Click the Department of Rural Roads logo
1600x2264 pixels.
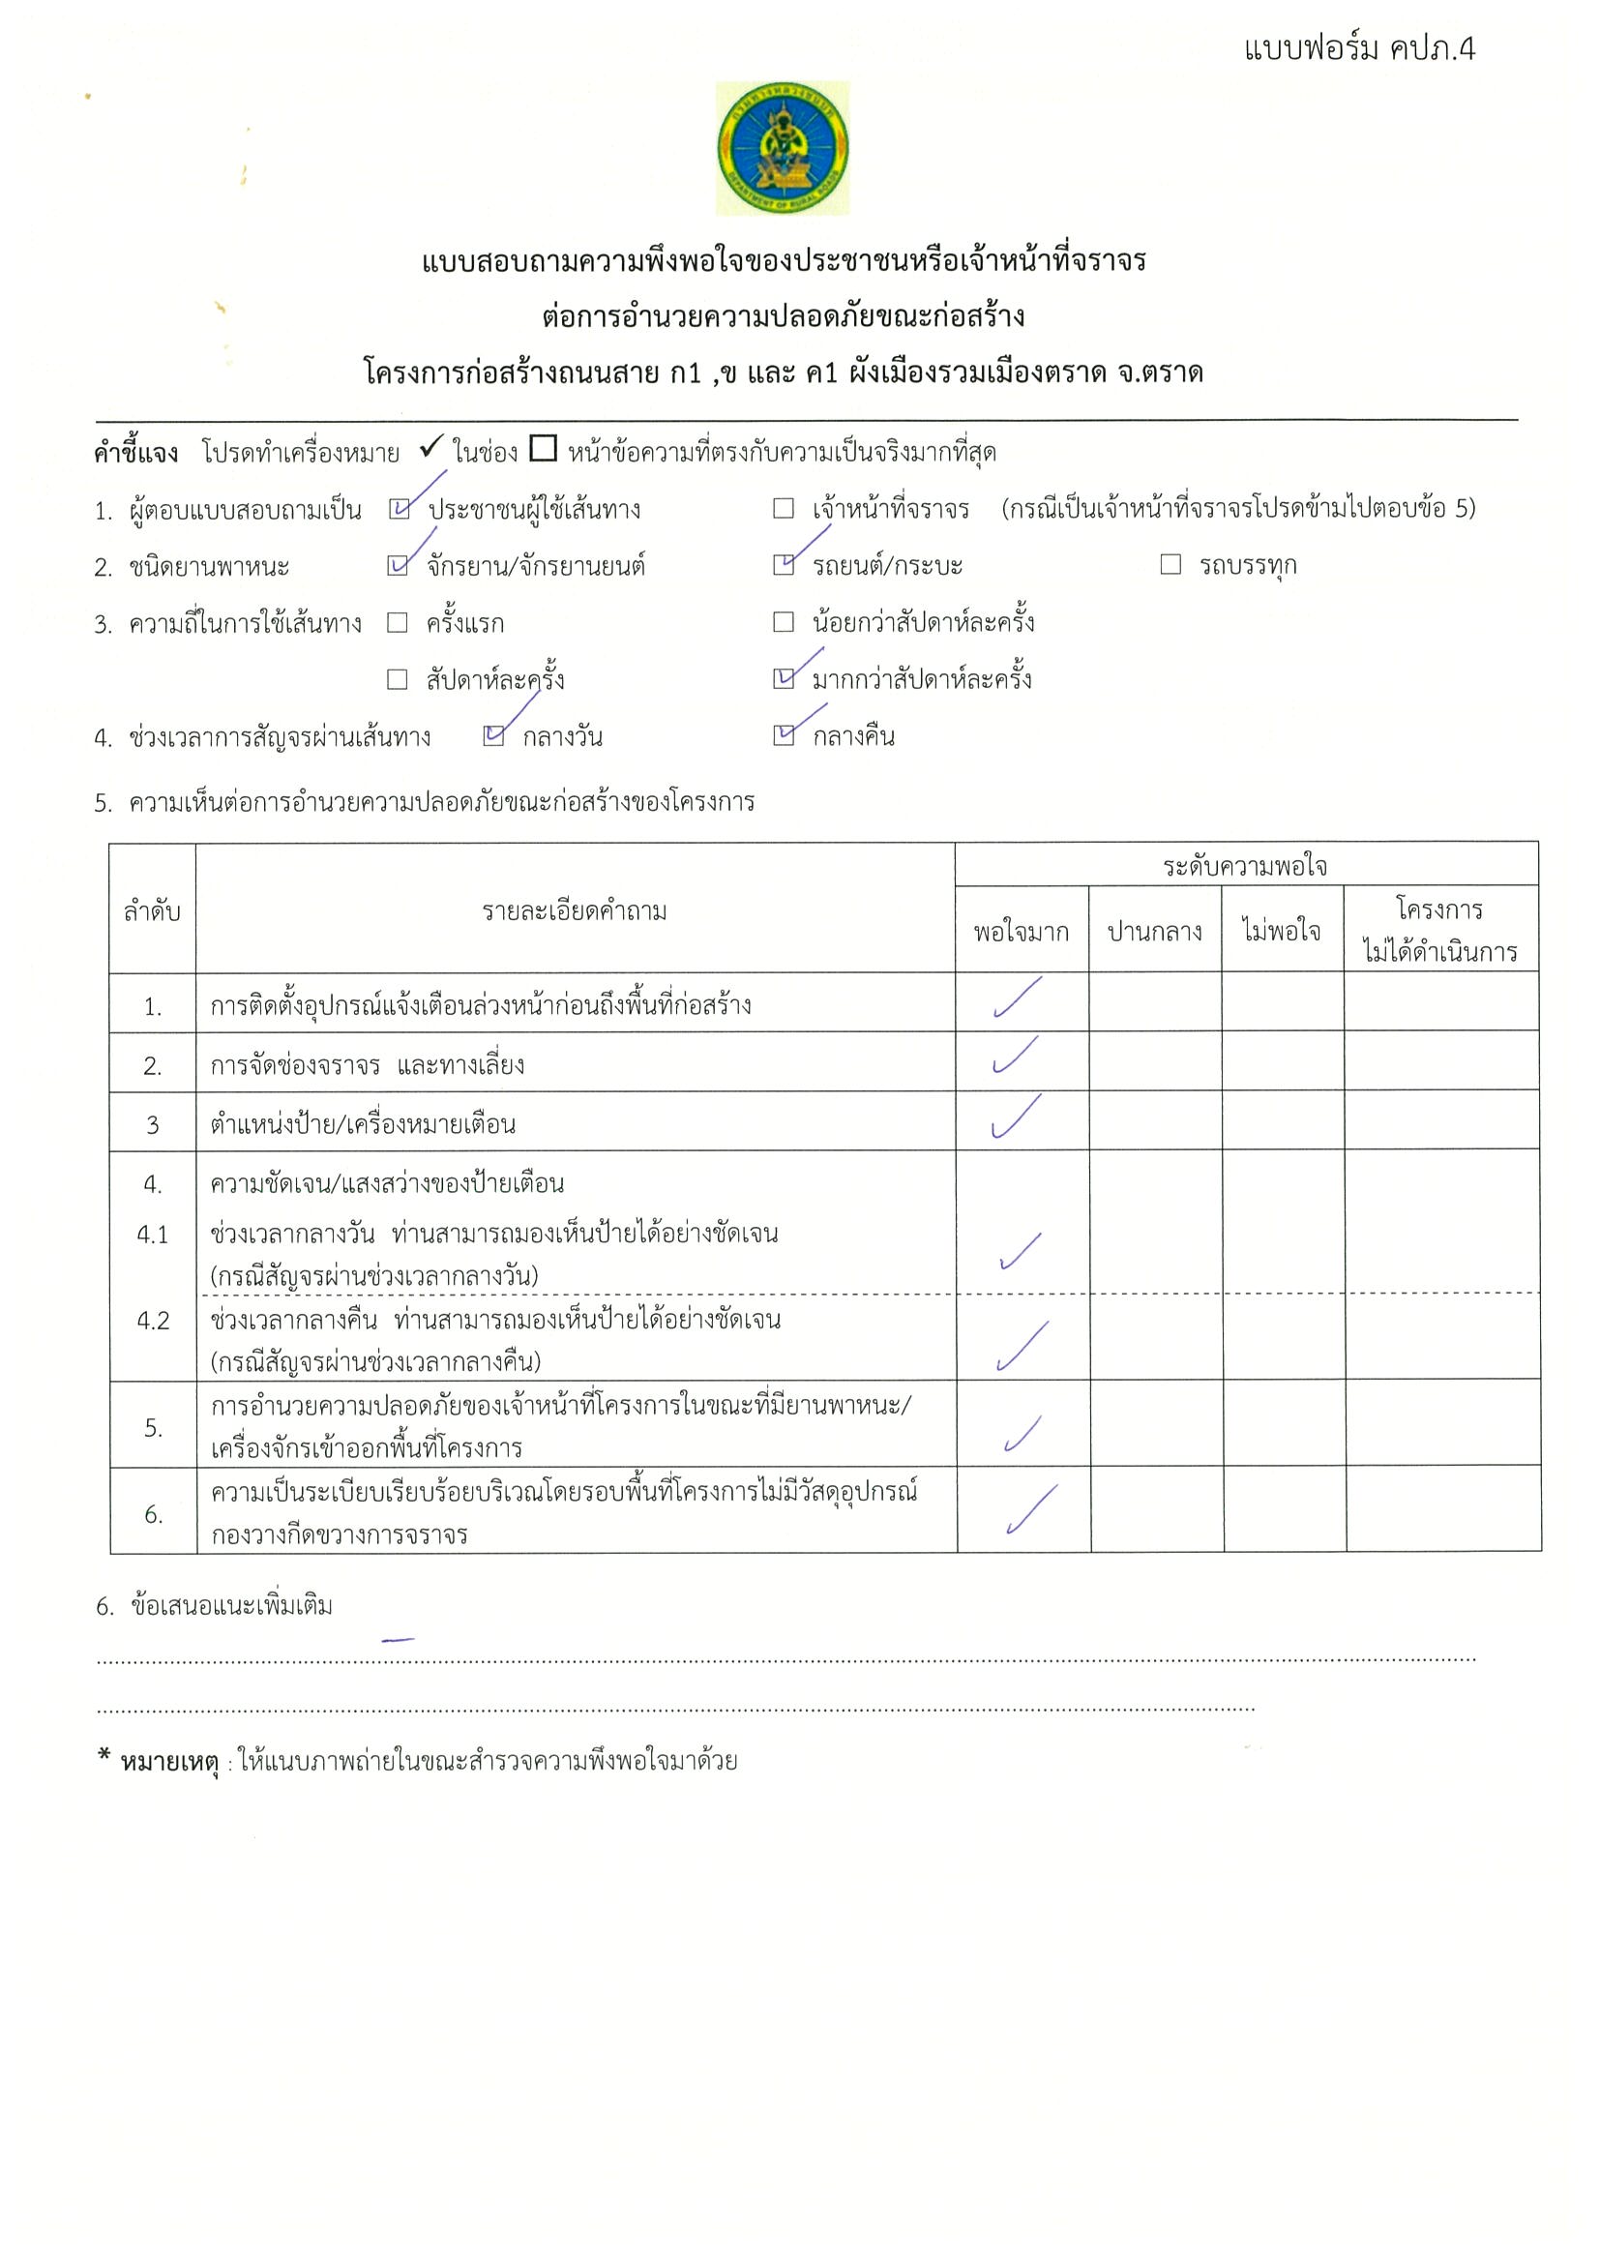[782, 148]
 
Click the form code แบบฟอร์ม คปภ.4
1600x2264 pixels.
[1358, 48]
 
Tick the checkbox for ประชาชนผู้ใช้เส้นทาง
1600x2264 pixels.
[399, 509]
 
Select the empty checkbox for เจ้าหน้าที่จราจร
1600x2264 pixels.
[784, 509]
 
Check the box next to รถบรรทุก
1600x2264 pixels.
[1170, 565]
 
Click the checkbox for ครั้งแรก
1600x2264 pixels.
[398, 622]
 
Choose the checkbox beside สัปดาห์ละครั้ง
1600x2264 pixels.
[398, 679]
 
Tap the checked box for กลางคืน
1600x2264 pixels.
[784, 735]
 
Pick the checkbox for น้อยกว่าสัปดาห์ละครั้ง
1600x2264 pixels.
[784, 622]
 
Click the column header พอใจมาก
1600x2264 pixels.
[1021, 932]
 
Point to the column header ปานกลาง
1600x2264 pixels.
[1154, 932]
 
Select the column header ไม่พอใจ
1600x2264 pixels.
[1282, 931]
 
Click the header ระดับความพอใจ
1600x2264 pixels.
[1245, 867]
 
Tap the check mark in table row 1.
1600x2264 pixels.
[1018, 998]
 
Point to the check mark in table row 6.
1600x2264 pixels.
[1030, 1509]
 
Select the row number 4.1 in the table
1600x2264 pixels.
[153, 1235]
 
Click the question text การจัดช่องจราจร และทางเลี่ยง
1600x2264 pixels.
[367, 1066]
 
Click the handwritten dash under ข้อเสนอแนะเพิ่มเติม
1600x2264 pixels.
[398, 1640]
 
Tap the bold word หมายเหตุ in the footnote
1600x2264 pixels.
[168, 1762]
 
